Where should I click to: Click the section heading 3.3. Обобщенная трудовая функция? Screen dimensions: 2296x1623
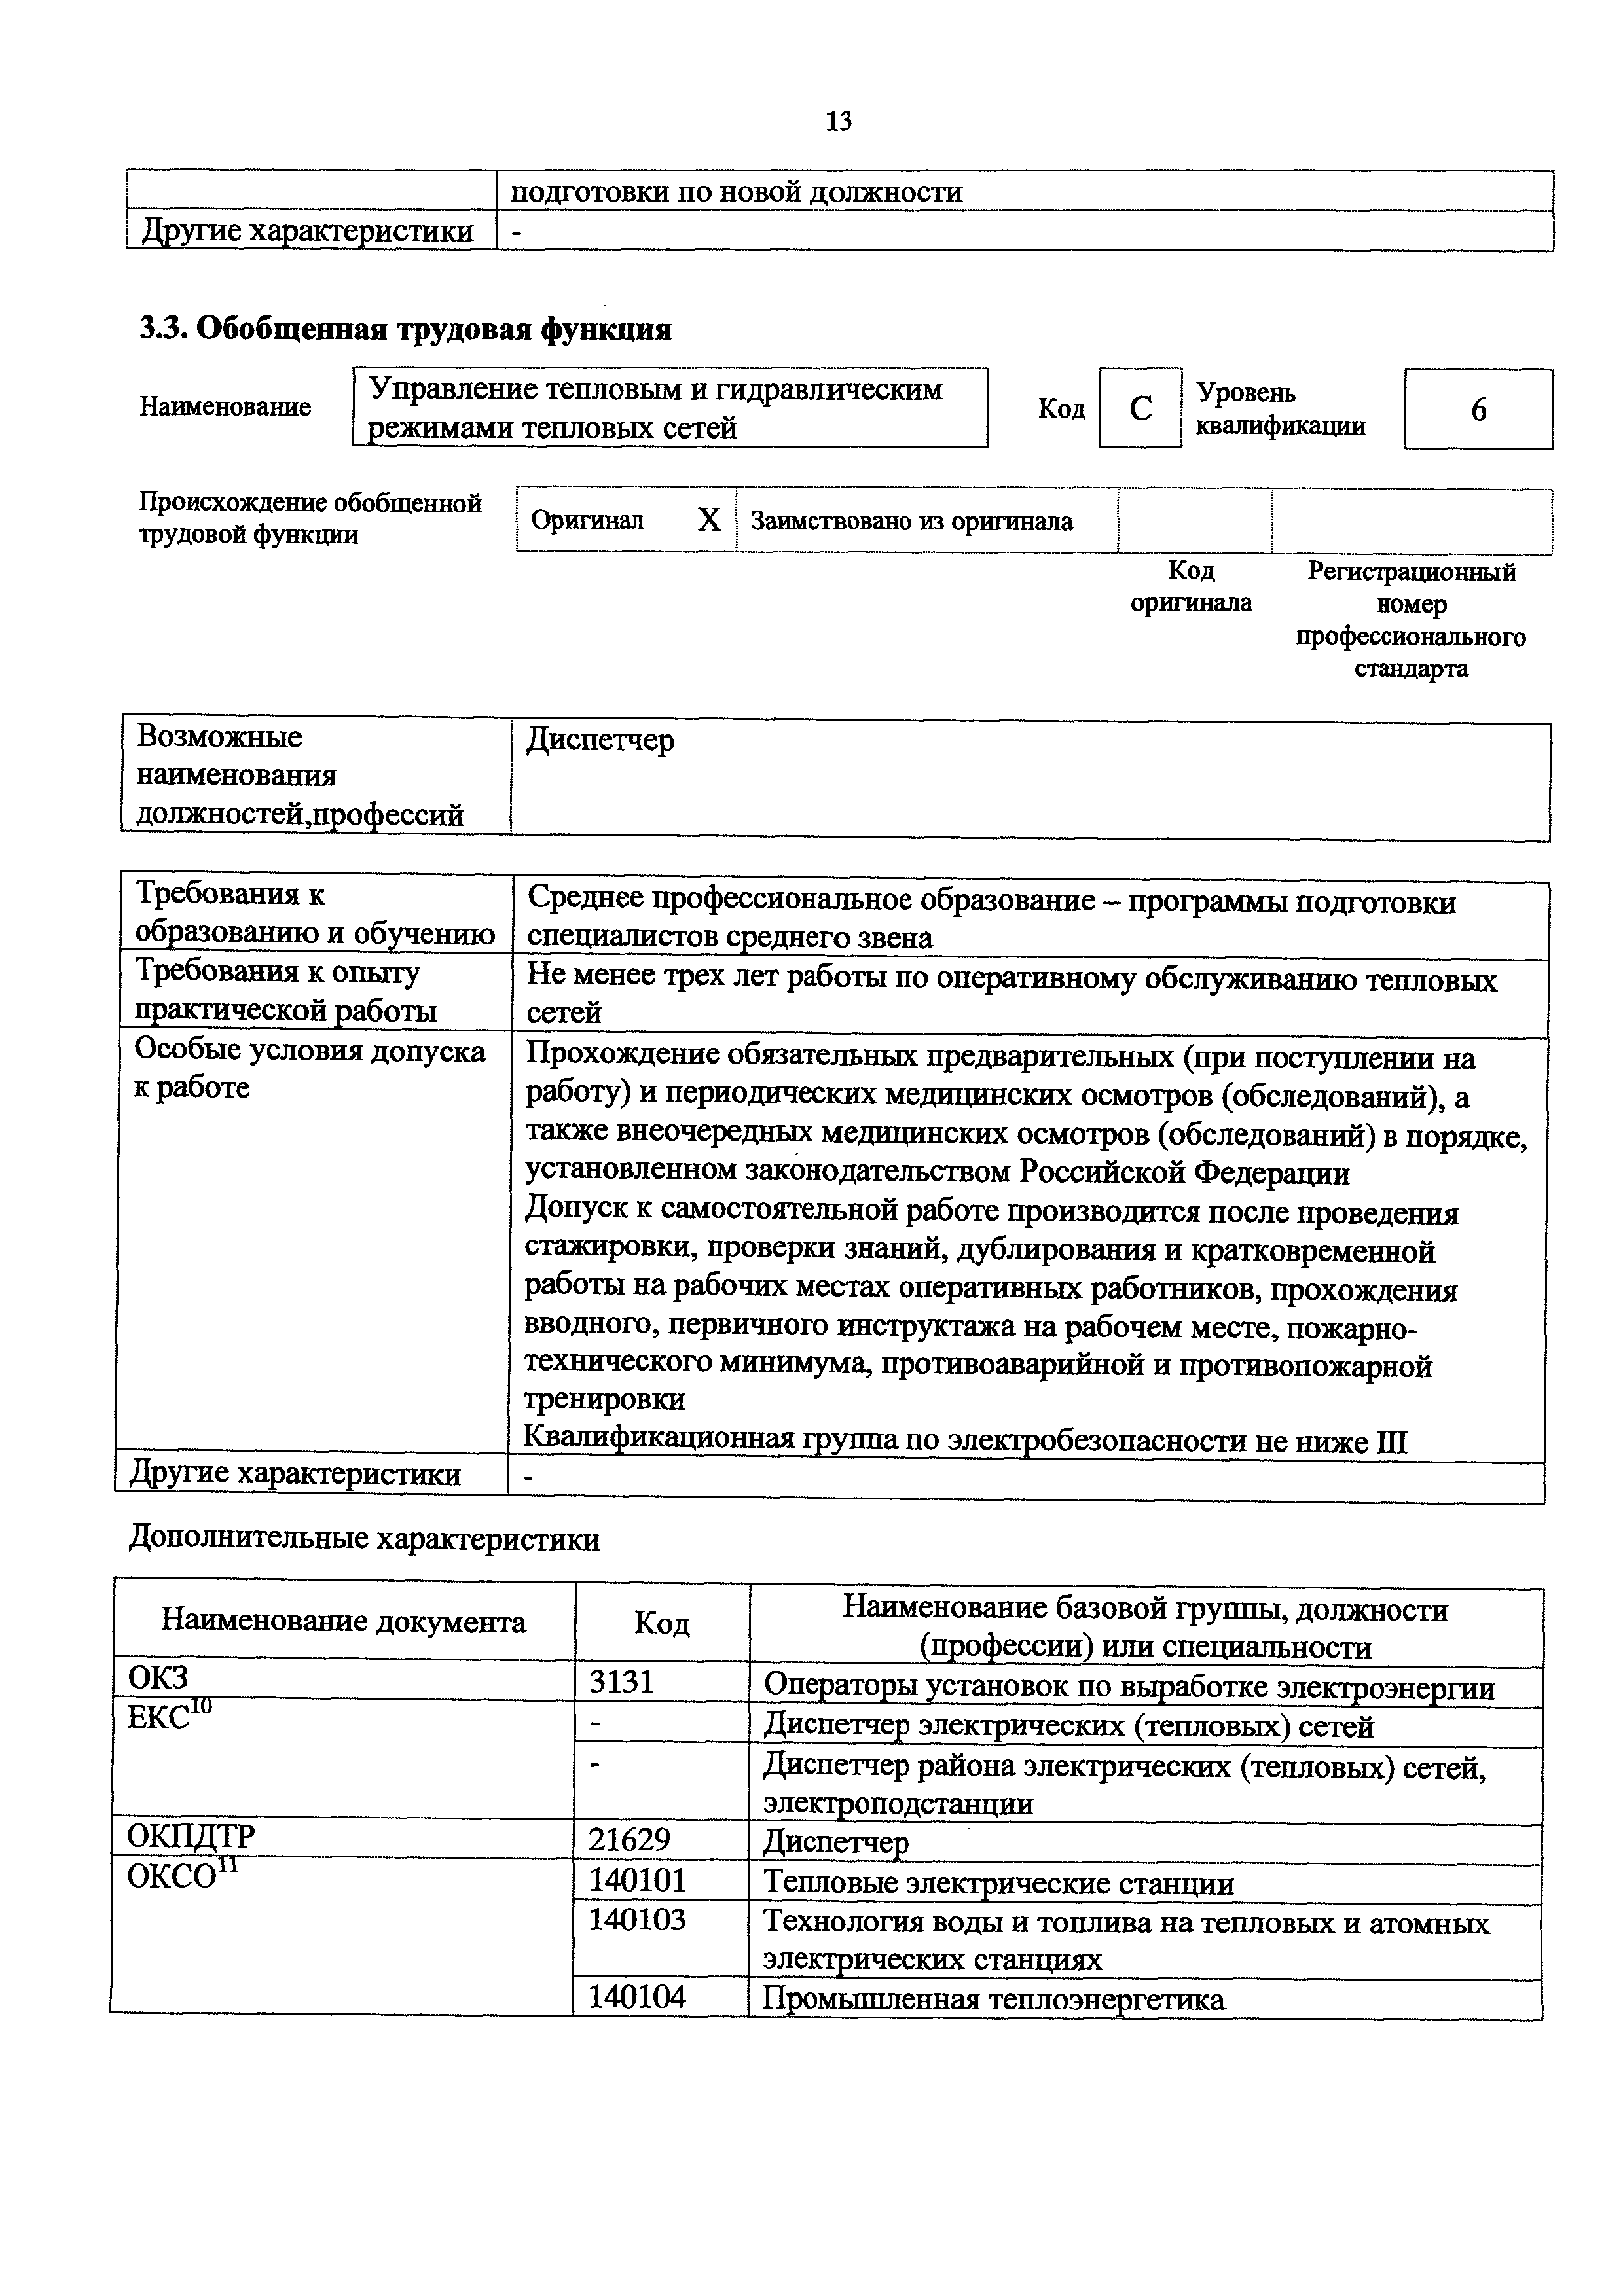[405, 329]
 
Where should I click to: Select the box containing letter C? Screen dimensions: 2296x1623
[1140, 408]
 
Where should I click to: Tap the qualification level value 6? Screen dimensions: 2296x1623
[1478, 410]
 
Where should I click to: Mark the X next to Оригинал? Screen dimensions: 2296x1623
[709, 520]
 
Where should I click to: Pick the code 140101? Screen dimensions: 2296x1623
[637, 1880]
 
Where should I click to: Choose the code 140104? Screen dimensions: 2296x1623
[637, 1996]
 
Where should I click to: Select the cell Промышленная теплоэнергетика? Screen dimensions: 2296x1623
[993, 1998]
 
